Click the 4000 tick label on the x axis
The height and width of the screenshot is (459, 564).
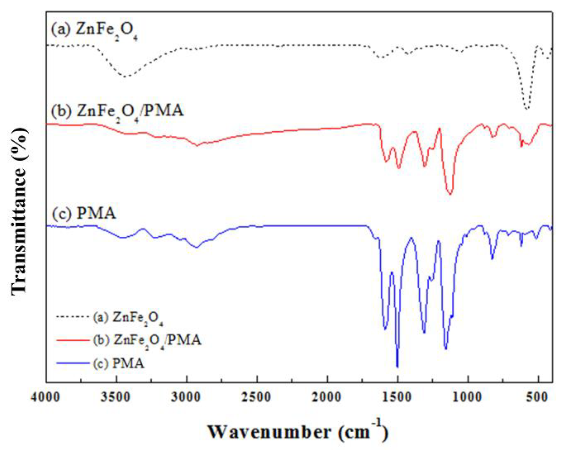pyautogui.click(x=46, y=397)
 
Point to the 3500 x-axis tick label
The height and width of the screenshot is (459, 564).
pyautogui.click(x=116, y=397)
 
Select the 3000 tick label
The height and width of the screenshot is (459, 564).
pyautogui.click(x=186, y=397)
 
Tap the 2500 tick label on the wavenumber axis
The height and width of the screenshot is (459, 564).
pyautogui.click(x=257, y=397)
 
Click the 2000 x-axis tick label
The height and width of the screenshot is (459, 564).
pyautogui.click(x=327, y=397)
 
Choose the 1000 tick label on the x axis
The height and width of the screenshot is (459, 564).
pyautogui.click(x=467, y=397)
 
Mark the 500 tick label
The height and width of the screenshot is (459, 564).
pyautogui.click(x=538, y=397)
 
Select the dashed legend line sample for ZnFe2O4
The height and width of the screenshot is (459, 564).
pyautogui.click(x=72, y=317)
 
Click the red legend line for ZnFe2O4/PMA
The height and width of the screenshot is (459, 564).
pyautogui.click(x=72, y=340)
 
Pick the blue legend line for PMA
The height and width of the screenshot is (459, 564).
pyautogui.click(x=72, y=363)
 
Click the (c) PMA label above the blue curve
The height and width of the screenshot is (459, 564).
pyautogui.click(x=84, y=213)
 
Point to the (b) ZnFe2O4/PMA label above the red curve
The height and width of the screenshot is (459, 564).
pyautogui.click(x=117, y=111)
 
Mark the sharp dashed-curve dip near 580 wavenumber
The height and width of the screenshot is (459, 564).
pyautogui.click(x=527, y=109)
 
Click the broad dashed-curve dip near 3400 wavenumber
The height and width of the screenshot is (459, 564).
pyautogui.click(x=125, y=76)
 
